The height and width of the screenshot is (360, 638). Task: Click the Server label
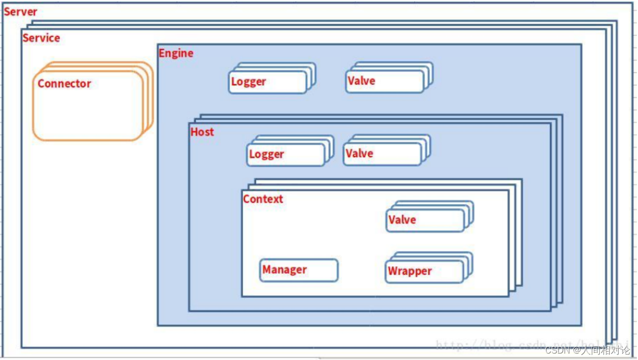tap(20, 11)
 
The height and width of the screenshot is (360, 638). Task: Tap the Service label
tap(41, 38)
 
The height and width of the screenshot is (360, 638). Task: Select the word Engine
tap(176, 53)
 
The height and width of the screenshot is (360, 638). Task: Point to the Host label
tap(202, 132)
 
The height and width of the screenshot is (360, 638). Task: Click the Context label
tap(263, 199)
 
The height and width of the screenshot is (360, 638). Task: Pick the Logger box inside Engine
tap(268, 82)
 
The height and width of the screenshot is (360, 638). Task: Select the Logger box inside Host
tap(286, 155)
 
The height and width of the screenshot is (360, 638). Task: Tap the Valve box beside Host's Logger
tap(383, 154)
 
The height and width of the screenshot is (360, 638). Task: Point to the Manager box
tap(299, 270)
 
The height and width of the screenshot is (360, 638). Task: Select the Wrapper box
tap(425, 272)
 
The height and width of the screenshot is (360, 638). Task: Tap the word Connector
tap(64, 83)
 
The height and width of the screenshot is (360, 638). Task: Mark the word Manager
tap(284, 270)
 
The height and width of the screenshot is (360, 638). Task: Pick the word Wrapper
tap(410, 271)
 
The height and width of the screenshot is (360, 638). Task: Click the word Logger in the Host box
tap(266, 154)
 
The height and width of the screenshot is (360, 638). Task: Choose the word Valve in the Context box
tap(402, 220)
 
